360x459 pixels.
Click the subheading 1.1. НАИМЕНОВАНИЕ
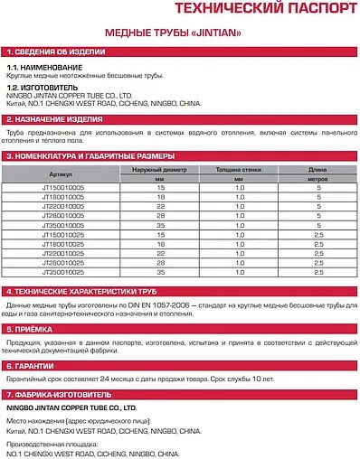point(45,69)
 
